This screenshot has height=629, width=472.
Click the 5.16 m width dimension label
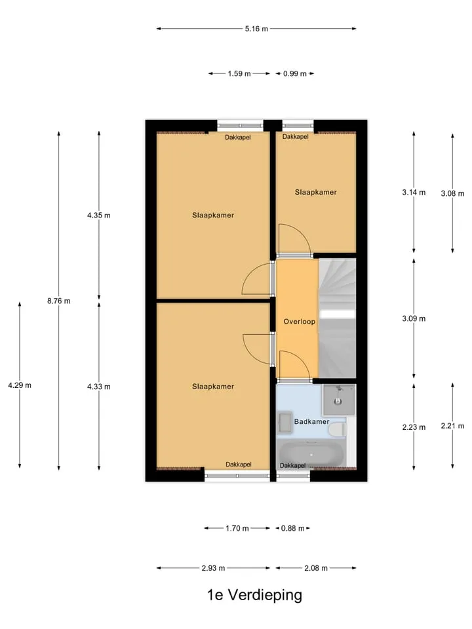[256, 29]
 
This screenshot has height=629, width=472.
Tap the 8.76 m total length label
[58, 301]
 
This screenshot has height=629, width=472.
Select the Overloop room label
[300, 321]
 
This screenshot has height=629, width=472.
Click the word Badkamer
[312, 421]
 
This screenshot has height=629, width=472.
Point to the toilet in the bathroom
[338, 430]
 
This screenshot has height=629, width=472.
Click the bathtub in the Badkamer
[311, 455]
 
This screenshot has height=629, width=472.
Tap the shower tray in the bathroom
[339, 400]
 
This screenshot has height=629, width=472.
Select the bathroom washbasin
[285, 423]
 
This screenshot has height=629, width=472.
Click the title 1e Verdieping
[254, 595]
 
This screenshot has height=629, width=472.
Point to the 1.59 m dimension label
[239, 74]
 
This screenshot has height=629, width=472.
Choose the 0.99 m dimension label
[295, 74]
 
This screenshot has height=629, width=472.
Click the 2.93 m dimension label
[213, 568]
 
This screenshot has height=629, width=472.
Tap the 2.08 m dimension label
[316, 568]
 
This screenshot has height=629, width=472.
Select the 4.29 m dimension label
[20, 385]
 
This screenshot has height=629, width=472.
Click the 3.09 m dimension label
[414, 318]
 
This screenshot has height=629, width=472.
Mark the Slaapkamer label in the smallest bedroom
[316, 192]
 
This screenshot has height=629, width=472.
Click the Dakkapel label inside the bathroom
[292, 465]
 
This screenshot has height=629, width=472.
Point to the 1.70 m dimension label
[237, 528]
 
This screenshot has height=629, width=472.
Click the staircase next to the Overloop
[338, 318]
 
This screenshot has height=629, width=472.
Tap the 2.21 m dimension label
[453, 426]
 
